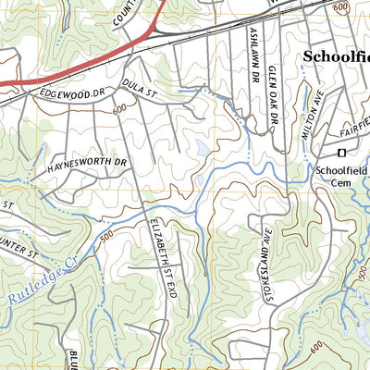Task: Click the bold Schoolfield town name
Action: pos(337,57)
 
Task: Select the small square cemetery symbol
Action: pos(340,152)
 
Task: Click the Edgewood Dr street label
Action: pos(68,92)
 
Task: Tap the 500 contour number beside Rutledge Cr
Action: pos(108,236)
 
